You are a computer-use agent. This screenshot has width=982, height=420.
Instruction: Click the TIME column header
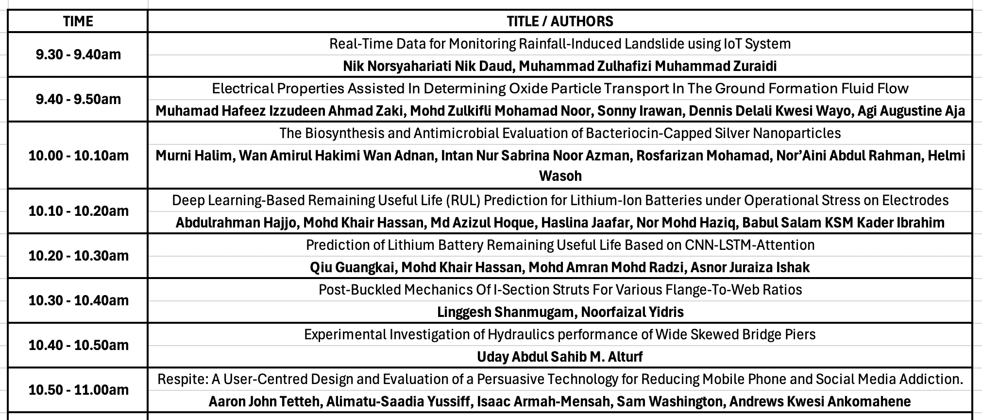click(x=78, y=21)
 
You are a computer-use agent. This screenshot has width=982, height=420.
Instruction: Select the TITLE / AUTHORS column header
click(x=559, y=21)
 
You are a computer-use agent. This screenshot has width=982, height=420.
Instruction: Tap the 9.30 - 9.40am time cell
click(x=78, y=54)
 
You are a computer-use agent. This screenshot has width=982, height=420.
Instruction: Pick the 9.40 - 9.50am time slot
click(x=78, y=99)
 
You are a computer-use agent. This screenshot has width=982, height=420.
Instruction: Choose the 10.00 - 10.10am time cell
click(x=78, y=156)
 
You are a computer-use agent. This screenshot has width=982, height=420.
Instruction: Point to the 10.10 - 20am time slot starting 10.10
click(x=78, y=211)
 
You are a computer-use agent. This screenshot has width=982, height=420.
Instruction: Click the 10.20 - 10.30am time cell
click(x=78, y=256)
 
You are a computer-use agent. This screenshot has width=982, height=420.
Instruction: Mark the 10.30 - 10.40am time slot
click(x=78, y=300)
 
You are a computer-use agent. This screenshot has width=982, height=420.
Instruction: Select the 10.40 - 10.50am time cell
click(x=78, y=345)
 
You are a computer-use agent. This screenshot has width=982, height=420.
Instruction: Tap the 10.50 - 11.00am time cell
click(x=78, y=390)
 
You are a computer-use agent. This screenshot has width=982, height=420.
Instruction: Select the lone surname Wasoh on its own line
click(x=560, y=175)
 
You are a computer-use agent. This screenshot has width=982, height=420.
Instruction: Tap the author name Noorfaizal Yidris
click(x=632, y=312)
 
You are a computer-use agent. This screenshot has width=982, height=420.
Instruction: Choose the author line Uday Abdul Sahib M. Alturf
click(x=559, y=357)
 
